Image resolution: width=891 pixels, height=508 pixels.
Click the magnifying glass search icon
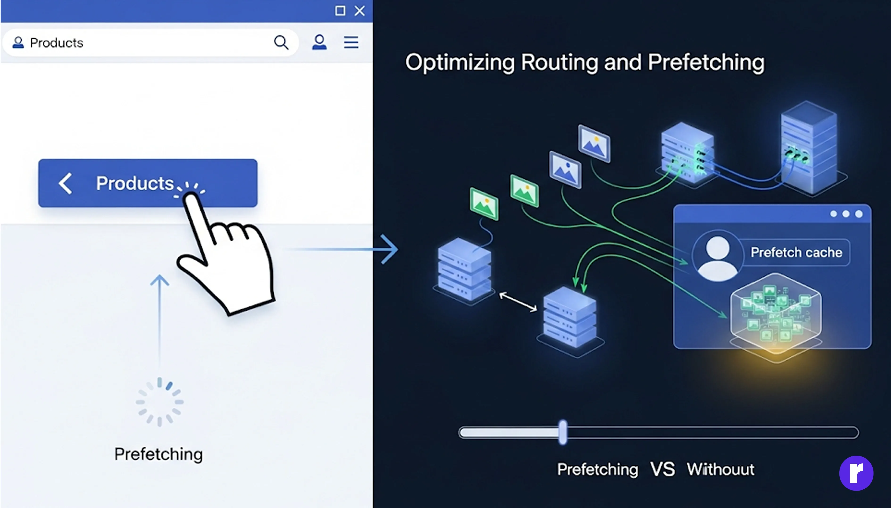point(281,42)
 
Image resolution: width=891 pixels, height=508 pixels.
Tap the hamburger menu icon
point(351,42)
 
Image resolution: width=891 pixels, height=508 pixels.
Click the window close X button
point(360,11)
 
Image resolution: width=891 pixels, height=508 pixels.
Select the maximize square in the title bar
point(340,11)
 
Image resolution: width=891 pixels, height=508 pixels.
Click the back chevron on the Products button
point(66,183)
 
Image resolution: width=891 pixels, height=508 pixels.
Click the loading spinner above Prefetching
point(159,402)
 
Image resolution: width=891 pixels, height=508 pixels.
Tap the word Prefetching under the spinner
point(159,454)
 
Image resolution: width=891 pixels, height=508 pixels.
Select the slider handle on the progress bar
point(563,432)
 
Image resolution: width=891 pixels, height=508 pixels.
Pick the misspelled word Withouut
point(720,469)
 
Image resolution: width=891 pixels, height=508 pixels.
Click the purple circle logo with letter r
point(856,473)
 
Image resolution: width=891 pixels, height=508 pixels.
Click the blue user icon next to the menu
point(319,42)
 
